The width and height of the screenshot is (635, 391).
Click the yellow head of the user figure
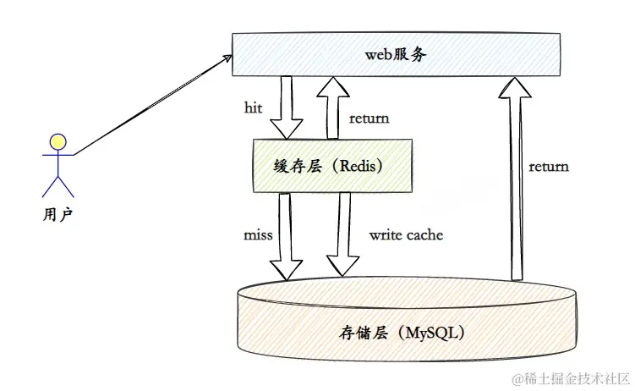[57, 142]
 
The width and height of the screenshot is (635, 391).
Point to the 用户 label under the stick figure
[57, 214]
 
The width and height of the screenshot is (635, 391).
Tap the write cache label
[406, 234]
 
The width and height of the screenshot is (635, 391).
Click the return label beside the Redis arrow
[369, 118]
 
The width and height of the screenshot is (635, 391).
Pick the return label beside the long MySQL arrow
[549, 166]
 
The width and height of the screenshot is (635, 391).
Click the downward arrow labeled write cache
[342, 235]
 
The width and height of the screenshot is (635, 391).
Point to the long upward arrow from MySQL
[513, 178]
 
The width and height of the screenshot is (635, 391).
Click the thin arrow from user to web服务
[152, 105]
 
